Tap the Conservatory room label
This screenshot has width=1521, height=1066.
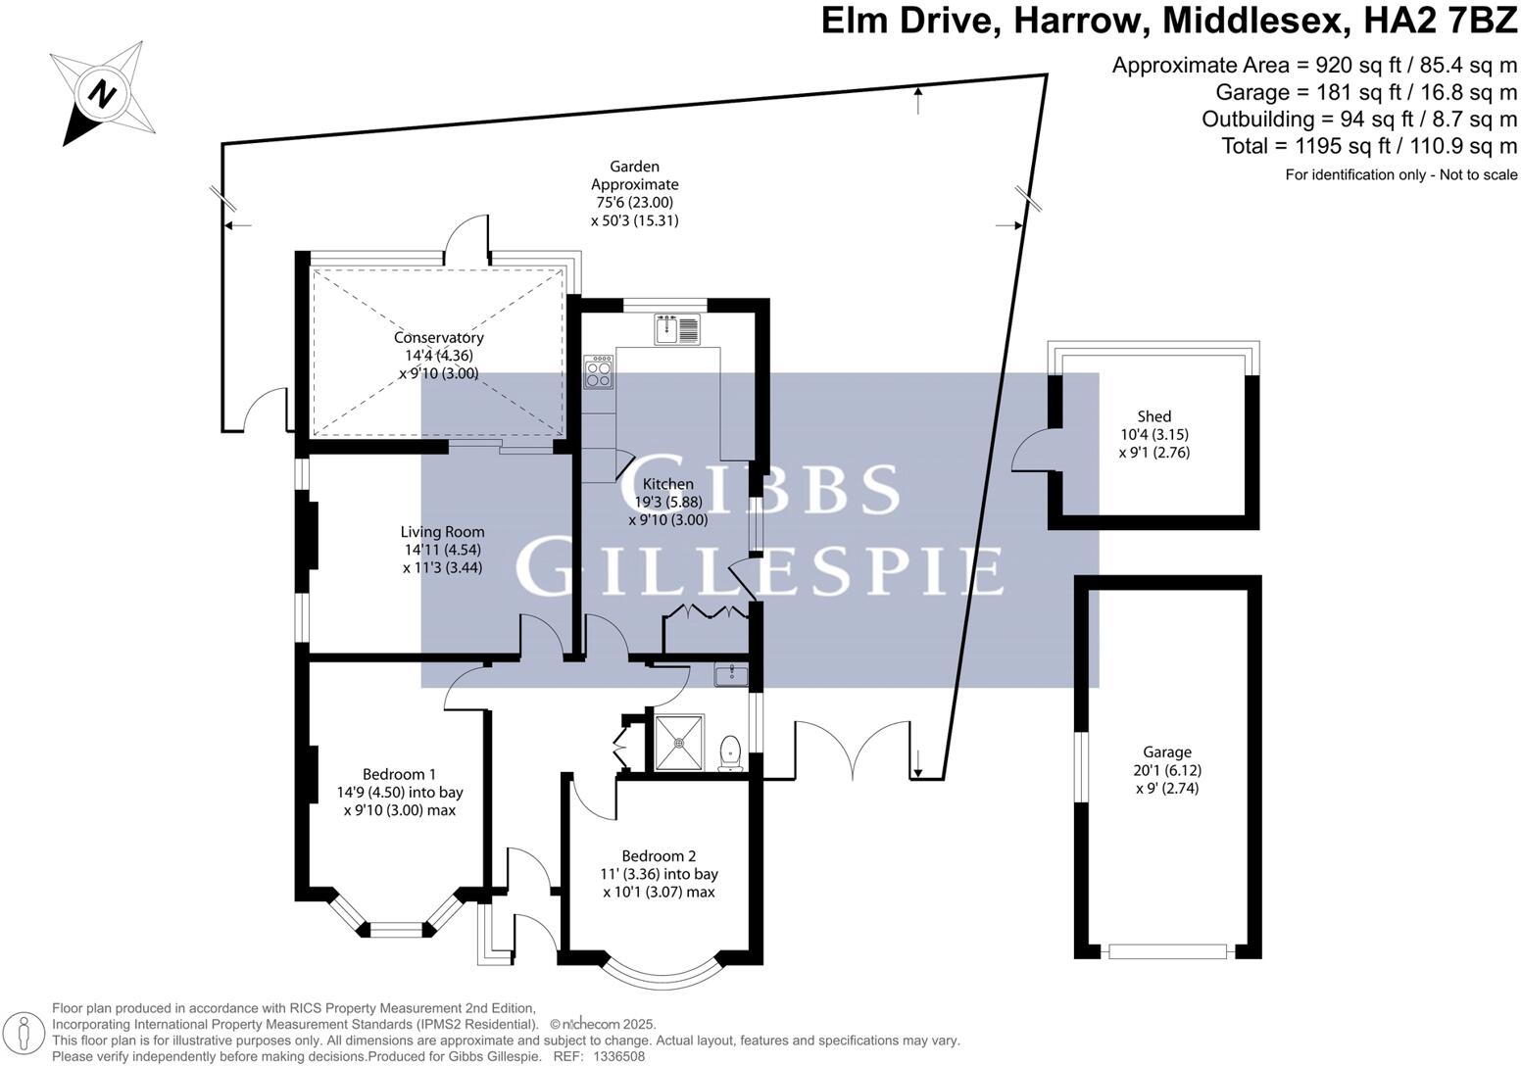tap(438, 338)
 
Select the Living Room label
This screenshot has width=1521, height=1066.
tap(442, 532)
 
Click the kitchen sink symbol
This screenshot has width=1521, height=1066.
tap(676, 329)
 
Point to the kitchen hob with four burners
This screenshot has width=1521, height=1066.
tap(598, 371)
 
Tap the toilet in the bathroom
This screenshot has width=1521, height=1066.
tap(730, 751)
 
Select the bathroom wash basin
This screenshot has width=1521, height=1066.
tap(730, 674)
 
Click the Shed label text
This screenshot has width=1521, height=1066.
tap(1153, 416)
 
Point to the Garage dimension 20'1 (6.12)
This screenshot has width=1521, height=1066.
tap(1165, 770)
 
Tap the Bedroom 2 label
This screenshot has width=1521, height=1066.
tap(659, 855)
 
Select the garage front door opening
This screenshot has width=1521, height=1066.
tap(1166, 951)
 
